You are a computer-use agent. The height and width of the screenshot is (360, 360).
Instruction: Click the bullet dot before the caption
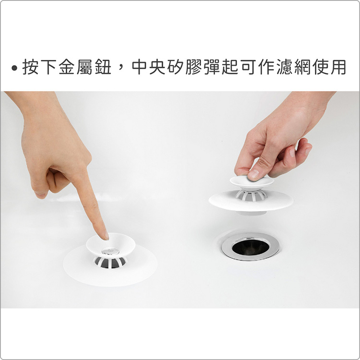click(x=14, y=68)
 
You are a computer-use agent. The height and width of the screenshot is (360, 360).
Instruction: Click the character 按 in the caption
click(x=30, y=67)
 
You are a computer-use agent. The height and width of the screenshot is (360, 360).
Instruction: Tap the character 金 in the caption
click(x=67, y=67)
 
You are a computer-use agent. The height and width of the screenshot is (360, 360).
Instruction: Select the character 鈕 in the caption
click(x=103, y=67)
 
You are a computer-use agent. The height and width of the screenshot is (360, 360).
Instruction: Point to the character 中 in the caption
click(x=140, y=67)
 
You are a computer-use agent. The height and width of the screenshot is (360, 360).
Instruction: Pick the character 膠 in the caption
click(x=194, y=67)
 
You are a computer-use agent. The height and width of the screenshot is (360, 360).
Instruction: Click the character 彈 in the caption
click(x=212, y=67)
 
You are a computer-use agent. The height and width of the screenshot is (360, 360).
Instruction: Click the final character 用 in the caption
click(x=338, y=67)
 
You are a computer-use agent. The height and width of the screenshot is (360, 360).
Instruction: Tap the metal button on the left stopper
click(x=110, y=251)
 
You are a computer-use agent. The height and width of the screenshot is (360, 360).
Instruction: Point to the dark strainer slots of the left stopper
click(x=110, y=263)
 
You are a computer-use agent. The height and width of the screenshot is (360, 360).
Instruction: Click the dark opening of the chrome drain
click(x=251, y=247)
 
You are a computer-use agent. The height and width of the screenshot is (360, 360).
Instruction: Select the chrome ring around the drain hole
click(x=251, y=258)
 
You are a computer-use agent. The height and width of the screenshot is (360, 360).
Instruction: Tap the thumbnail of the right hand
click(x=253, y=174)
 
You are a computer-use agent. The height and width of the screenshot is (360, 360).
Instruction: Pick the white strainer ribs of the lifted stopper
click(x=252, y=195)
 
